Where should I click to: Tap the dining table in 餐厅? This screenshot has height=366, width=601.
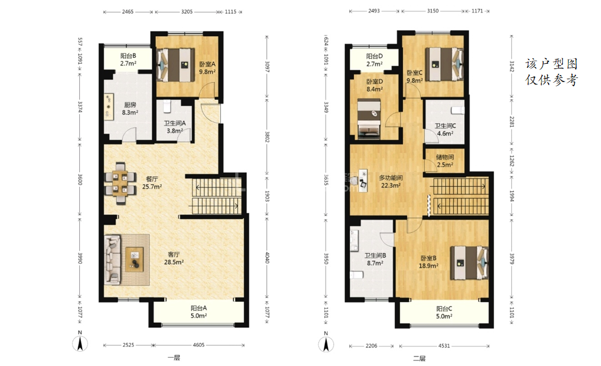[121, 183]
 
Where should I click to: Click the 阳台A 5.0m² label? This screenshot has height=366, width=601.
[199, 312]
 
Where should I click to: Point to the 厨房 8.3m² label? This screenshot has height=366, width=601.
[130, 108]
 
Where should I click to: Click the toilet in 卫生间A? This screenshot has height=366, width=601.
[167, 107]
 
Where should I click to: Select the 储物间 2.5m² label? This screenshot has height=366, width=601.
[445, 161]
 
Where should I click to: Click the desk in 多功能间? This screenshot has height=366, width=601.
[362, 180]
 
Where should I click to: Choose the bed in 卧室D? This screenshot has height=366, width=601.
[369, 118]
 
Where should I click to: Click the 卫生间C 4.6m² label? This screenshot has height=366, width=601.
[445, 130]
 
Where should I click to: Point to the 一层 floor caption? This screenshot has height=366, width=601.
[174, 358]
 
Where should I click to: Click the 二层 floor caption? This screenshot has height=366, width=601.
[420, 358]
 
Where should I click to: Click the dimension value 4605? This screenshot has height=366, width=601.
[199, 345]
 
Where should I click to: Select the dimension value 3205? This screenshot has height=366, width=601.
[187, 12]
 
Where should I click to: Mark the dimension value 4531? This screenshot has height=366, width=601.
[444, 346]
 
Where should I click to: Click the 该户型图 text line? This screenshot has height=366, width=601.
[551, 64]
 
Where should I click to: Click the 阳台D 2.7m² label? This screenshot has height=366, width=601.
[374, 60]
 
